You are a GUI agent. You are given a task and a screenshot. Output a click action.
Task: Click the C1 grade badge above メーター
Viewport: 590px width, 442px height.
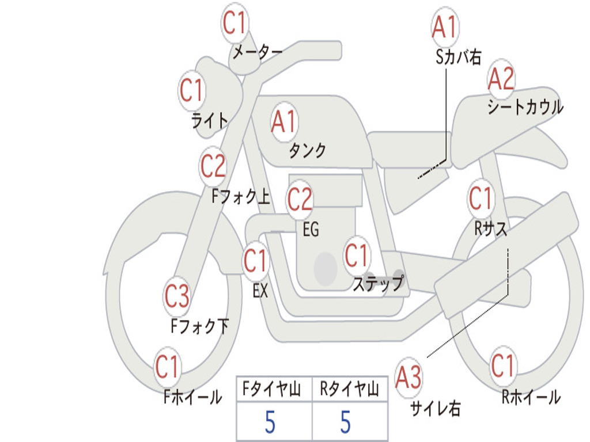pyautogui.click(x=235, y=23)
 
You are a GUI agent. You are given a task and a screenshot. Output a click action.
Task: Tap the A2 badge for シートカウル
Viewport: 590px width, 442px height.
pyautogui.click(x=501, y=79)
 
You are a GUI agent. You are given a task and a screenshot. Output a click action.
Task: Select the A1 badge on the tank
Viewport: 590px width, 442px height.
pyautogui.click(x=283, y=121)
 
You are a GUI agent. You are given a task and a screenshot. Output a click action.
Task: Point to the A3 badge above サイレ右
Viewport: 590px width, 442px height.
pyautogui.click(x=408, y=378)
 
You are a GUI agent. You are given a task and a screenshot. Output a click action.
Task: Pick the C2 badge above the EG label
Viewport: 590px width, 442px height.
pyautogui.click(x=300, y=200)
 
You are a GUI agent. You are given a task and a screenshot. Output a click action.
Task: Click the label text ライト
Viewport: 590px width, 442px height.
pyautogui.click(x=210, y=120)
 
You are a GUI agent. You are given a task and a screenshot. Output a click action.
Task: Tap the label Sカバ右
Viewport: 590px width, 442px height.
pyautogui.click(x=459, y=56)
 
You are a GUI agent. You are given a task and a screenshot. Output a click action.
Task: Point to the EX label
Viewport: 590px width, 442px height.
pyautogui.click(x=260, y=291)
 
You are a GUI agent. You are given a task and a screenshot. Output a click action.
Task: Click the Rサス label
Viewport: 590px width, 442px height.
pyautogui.click(x=491, y=229)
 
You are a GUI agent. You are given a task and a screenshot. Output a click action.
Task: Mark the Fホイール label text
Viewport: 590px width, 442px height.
pyautogui.click(x=193, y=397)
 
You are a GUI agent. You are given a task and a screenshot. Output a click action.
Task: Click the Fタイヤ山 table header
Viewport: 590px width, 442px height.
pyautogui.click(x=273, y=390)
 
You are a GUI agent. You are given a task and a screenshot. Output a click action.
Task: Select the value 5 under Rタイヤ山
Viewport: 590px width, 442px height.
pyautogui.click(x=345, y=422)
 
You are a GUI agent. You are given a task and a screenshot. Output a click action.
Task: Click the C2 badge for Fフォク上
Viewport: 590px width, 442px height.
pyautogui.click(x=213, y=166)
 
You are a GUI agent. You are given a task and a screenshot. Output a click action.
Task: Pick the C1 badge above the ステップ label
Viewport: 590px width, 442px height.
pyautogui.click(x=357, y=256)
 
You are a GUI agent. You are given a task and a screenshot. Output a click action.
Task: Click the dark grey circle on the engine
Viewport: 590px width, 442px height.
pyautogui.click(x=326, y=268)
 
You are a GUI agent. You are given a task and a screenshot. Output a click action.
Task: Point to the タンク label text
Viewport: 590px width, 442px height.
pyautogui.click(x=307, y=151)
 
